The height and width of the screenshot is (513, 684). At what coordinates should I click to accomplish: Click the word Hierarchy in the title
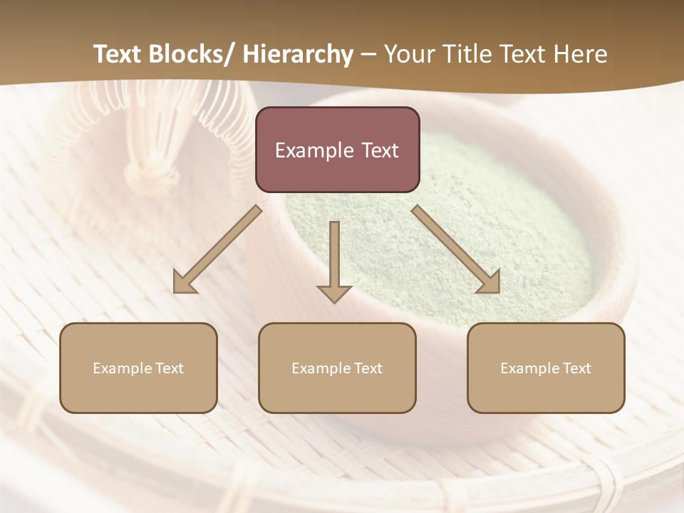click(298, 55)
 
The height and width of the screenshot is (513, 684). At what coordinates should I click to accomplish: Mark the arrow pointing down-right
click(457, 250)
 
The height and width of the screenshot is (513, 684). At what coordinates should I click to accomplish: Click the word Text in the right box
click(577, 368)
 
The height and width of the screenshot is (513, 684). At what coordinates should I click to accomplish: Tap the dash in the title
click(368, 55)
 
